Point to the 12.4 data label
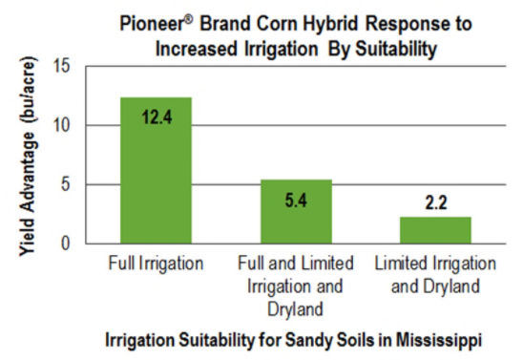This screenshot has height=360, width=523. pos(155,120)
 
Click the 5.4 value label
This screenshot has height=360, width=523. pos(296,202)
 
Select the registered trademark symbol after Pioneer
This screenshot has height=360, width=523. pos(187,15)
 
